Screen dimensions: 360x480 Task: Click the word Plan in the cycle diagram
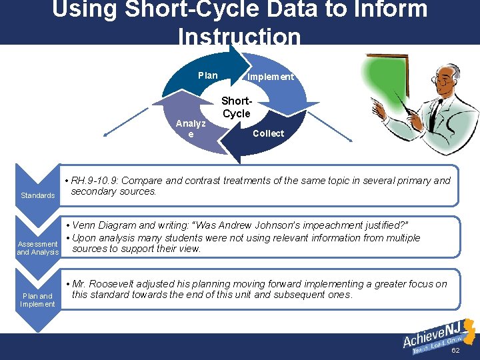tap(208, 75)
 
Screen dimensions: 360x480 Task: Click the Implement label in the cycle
tap(270, 77)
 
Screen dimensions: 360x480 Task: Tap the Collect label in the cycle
tap(268, 133)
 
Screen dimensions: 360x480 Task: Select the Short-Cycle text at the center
tap(236, 107)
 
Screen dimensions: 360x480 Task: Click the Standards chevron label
tap(37, 195)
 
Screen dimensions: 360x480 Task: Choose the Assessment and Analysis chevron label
tap(37, 248)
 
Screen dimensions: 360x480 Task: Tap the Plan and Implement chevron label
tap(37, 300)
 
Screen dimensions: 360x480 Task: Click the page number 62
tap(456, 350)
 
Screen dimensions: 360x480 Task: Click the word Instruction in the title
tap(239, 37)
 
